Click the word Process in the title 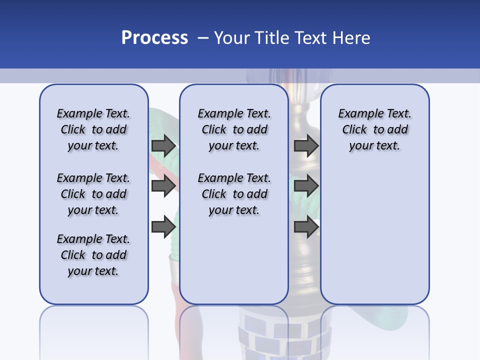point(154,38)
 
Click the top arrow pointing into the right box point(306,145)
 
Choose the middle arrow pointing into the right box point(306,186)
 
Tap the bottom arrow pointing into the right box point(306,226)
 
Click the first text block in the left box point(93,129)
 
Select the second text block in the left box point(93,194)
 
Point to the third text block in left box point(93,255)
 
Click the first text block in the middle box point(234,129)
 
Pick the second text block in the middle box point(234,194)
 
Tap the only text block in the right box point(374,129)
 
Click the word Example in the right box point(358,114)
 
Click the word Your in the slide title point(232,38)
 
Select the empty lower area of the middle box point(234,260)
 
